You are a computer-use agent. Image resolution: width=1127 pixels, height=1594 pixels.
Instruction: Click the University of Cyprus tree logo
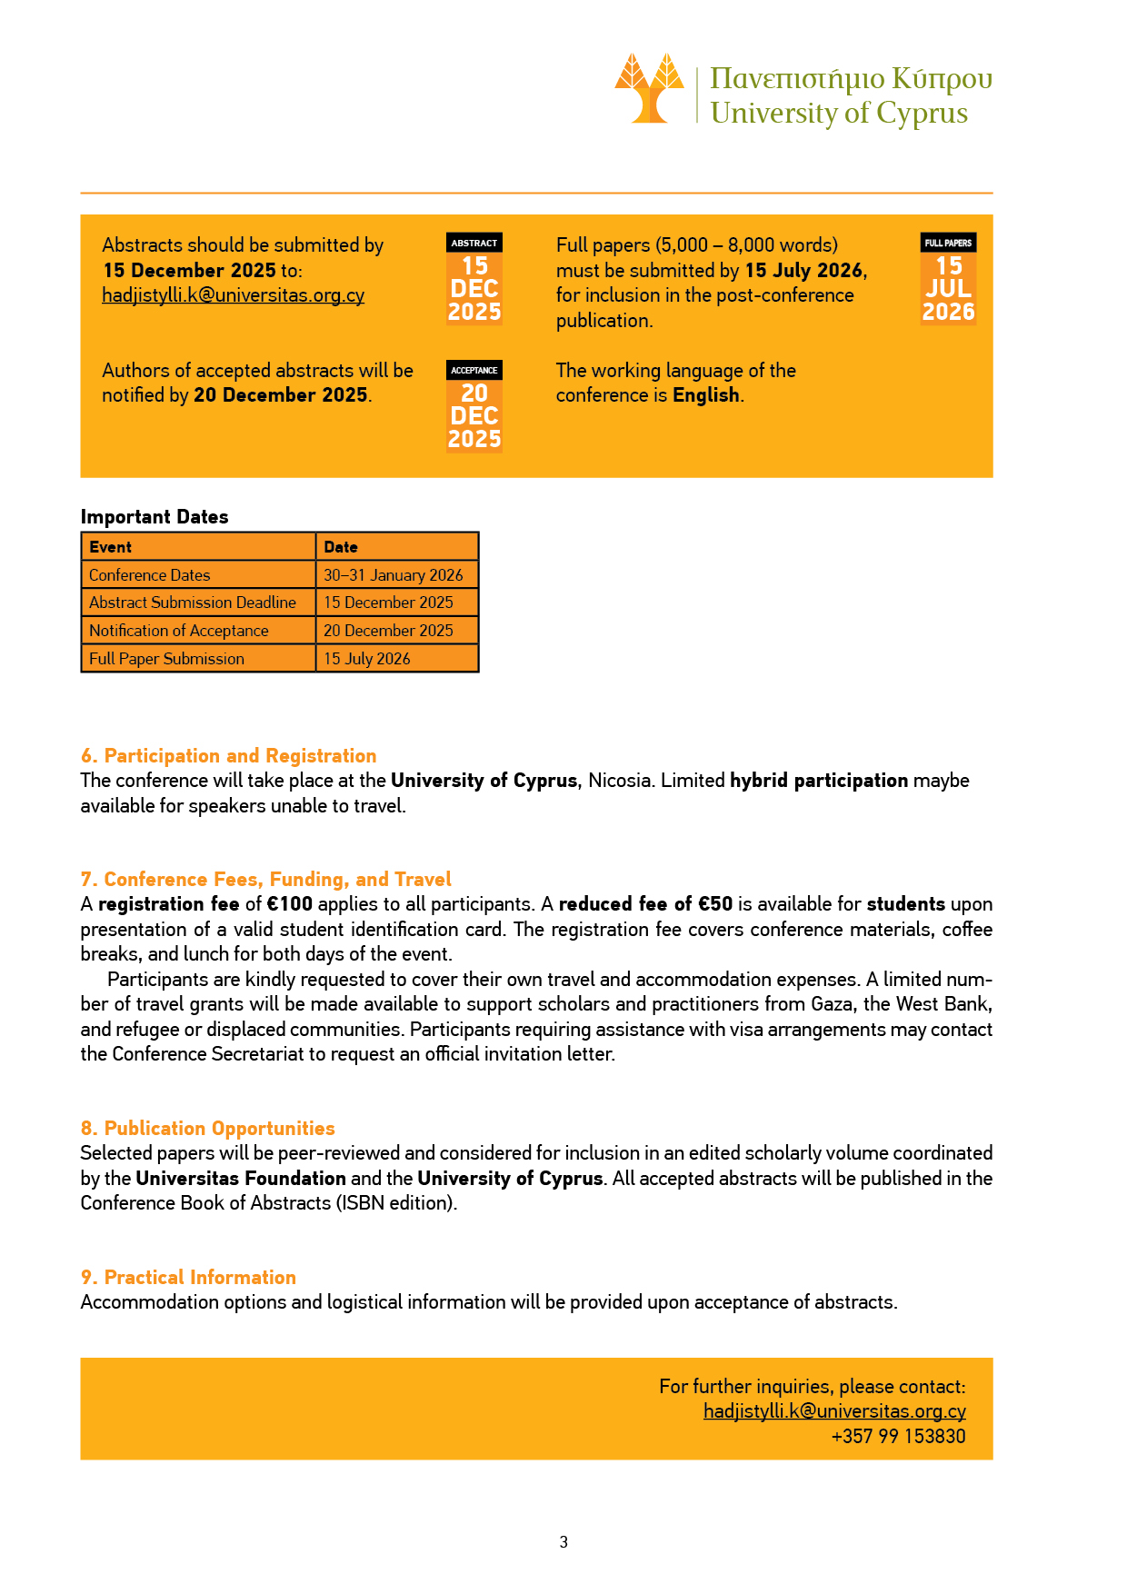pos(649,88)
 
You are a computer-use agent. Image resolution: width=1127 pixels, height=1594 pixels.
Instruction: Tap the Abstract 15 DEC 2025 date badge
pos(474,279)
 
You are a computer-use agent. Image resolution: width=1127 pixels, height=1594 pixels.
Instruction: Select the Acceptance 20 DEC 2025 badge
pos(474,406)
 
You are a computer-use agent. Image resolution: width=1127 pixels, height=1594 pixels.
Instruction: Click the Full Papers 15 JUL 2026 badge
pos(948,279)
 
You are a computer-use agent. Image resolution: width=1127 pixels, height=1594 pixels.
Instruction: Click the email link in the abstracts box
pos(233,295)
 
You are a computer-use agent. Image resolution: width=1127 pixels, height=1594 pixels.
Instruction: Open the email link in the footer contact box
pos(833,1411)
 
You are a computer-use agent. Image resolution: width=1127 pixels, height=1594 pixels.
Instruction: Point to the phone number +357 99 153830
pos(898,1437)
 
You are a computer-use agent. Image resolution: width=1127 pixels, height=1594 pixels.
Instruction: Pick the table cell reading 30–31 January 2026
pos(394,575)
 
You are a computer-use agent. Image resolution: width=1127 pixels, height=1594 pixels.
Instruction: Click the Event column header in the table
pos(111,547)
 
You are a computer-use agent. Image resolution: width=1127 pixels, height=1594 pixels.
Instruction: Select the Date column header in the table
pos(341,547)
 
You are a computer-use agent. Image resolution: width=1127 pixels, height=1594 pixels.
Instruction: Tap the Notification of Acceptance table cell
pos(179,631)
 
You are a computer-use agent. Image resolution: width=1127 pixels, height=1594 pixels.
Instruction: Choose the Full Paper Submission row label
pos(166,659)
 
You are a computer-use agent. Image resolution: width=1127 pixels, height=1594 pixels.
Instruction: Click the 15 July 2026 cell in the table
pos(367,659)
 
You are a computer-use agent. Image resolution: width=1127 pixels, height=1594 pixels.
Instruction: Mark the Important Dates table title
pos(155,517)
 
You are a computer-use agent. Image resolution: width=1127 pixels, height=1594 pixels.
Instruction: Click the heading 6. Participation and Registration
pos(228,756)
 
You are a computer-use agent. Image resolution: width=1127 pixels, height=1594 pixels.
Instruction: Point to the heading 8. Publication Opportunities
pos(207,1129)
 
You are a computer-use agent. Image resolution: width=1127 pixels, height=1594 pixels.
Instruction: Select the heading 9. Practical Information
pos(188,1278)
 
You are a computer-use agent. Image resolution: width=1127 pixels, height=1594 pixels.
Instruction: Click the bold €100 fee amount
pos(290,904)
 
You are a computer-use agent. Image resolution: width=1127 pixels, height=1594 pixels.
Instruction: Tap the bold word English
pos(706,395)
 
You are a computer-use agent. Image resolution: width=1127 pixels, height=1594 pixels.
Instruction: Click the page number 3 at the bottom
pos(563,1542)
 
